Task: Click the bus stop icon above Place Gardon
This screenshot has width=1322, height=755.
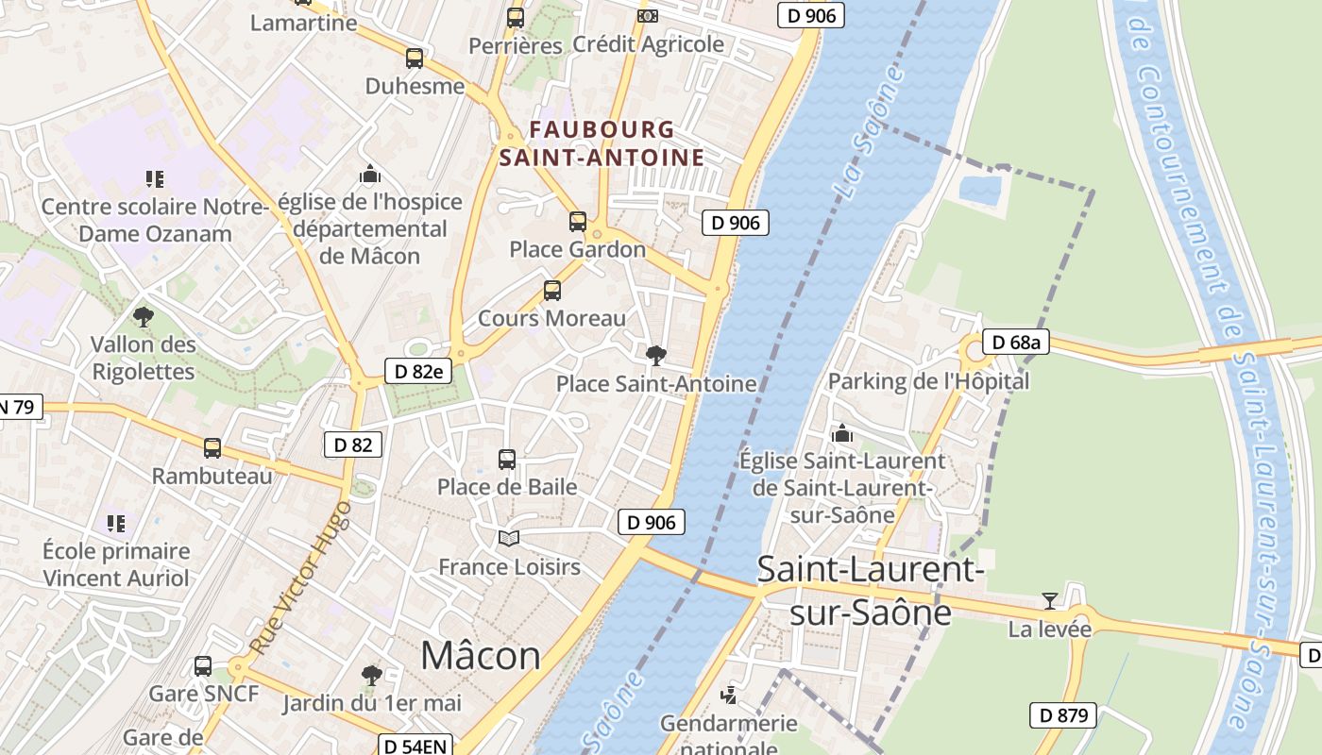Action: tap(578, 222)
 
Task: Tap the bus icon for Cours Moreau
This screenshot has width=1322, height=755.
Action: tap(552, 291)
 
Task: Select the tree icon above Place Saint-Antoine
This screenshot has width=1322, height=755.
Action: tap(655, 356)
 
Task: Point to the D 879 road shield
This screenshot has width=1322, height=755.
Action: tap(1063, 715)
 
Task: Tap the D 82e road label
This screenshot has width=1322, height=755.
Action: tap(418, 371)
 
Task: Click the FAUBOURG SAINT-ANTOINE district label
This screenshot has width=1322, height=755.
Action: tap(602, 143)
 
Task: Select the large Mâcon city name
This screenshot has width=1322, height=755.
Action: tap(481, 655)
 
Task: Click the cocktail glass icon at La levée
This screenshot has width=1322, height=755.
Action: tap(1049, 601)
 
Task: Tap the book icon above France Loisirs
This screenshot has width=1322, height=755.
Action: tap(509, 538)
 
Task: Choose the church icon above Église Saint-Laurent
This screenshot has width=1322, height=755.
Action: tap(841, 434)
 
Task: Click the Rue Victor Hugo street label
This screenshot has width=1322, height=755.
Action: tap(300, 579)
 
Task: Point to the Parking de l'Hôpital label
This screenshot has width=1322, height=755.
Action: tap(928, 381)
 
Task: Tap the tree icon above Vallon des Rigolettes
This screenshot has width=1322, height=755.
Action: tap(144, 316)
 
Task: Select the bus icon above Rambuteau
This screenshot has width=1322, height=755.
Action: tap(212, 447)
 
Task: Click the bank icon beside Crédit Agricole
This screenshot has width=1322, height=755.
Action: tap(647, 15)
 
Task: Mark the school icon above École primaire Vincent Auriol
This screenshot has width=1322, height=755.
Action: tap(116, 523)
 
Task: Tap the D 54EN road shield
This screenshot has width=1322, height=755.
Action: tap(415, 746)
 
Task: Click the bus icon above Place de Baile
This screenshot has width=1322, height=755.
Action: tap(507, 460)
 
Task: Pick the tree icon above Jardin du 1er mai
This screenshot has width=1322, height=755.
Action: tap(372, 675)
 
